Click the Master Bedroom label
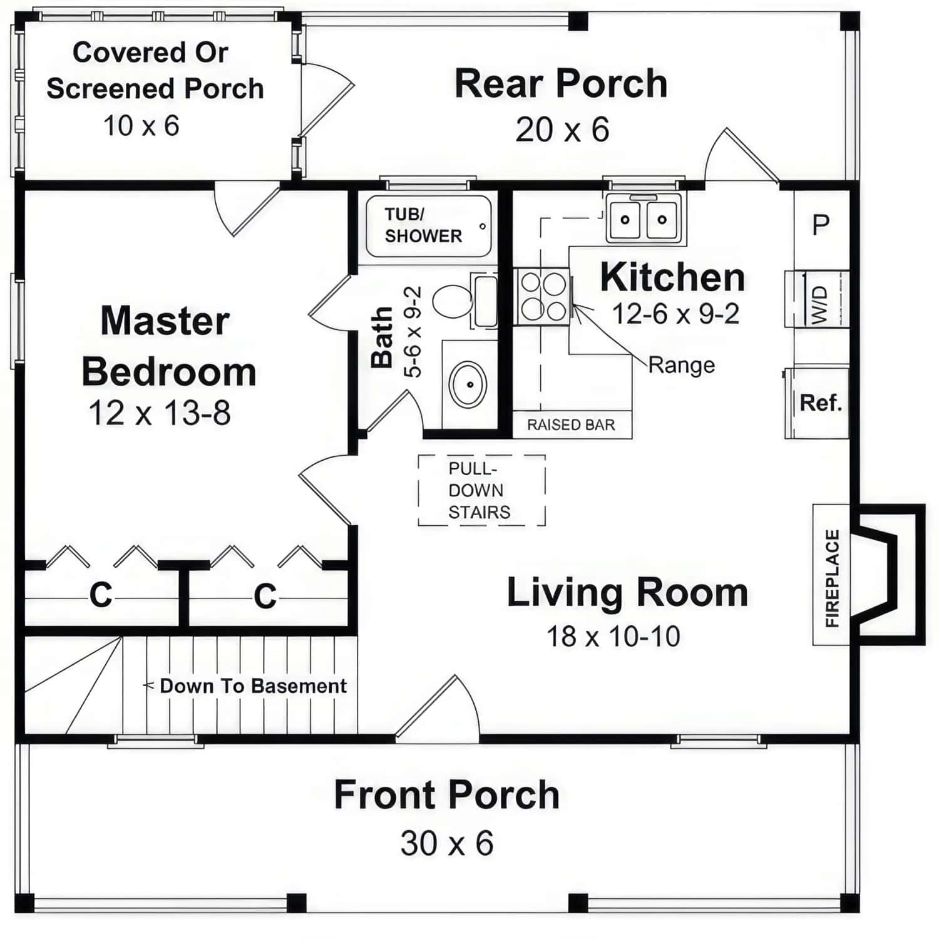point(168,346)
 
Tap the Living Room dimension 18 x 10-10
point(613,637)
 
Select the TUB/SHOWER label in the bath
point(423,225)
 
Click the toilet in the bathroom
point(454,301)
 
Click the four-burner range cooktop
point(543,296)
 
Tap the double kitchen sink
point(643,220)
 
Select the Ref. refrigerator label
point(821,403)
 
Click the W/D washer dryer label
point(819,305)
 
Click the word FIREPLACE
point(831,578)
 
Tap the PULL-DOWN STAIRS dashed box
point(481,490)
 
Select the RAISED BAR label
point(571,425)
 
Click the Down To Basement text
point(253,686)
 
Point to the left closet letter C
point(101,595)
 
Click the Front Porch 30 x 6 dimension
point(447,843)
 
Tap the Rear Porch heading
point(561,84)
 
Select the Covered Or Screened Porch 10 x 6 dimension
point(141,126)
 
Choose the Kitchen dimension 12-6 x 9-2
point(675,314)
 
